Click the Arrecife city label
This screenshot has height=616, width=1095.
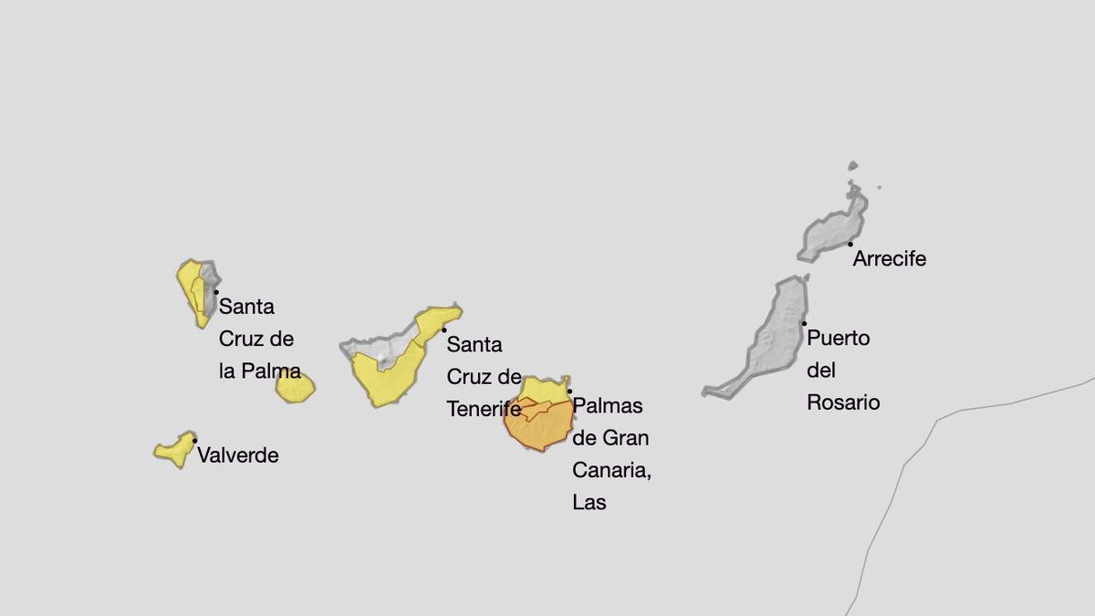coord(889,259)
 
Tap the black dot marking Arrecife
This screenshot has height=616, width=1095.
coord(850,244)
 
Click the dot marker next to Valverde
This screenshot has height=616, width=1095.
coord(194,441)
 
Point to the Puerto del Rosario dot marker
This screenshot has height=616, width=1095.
coord(804,323)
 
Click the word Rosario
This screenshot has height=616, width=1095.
coord(843,402)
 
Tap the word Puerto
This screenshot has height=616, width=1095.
coord(839,339)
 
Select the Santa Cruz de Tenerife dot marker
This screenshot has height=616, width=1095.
coord(444,330)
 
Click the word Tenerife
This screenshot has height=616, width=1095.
coord(484,410)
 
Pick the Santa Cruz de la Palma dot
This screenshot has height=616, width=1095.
coord(216,292)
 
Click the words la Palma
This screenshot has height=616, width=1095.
coord(260,371)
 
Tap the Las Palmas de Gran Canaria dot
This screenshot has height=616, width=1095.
coord(570,392)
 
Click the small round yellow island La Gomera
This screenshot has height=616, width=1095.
coord(296,388)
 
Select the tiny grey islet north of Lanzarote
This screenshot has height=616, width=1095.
coord(852,166)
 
